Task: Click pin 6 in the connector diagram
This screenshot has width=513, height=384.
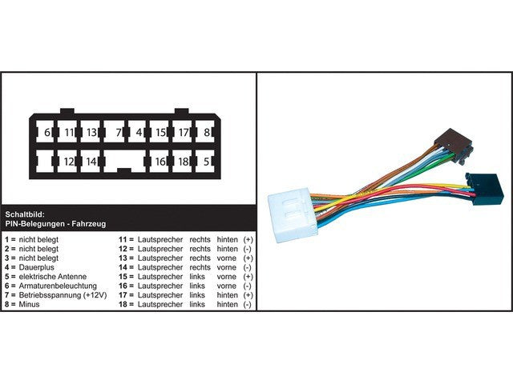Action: pyautogui.click(x=46, y=132)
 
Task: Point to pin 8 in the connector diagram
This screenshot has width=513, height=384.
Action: pyautogui.click(x=205, y=132)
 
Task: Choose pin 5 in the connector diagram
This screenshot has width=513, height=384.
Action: pyautogui.click(x=205, y=162)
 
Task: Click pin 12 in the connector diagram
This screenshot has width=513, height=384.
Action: pyautogui.click(x=67, y=162)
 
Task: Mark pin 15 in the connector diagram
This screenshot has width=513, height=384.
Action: pyautogui.click(x=160, y=132)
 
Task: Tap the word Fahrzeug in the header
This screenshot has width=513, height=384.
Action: pyautogui.click(x=89, y=224)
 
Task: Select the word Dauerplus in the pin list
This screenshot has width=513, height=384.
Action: pyautogui.click(x=36, y=267)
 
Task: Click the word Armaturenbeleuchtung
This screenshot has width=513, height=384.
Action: pyautogui.click(x=58, y=286)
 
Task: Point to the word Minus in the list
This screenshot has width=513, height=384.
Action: pyautogui.click(x=29, y=304)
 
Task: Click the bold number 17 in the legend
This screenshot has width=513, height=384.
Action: pyautogui.click(x=123, y=295)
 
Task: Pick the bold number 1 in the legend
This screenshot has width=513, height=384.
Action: pyautogui.click(x=7, y=239)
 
